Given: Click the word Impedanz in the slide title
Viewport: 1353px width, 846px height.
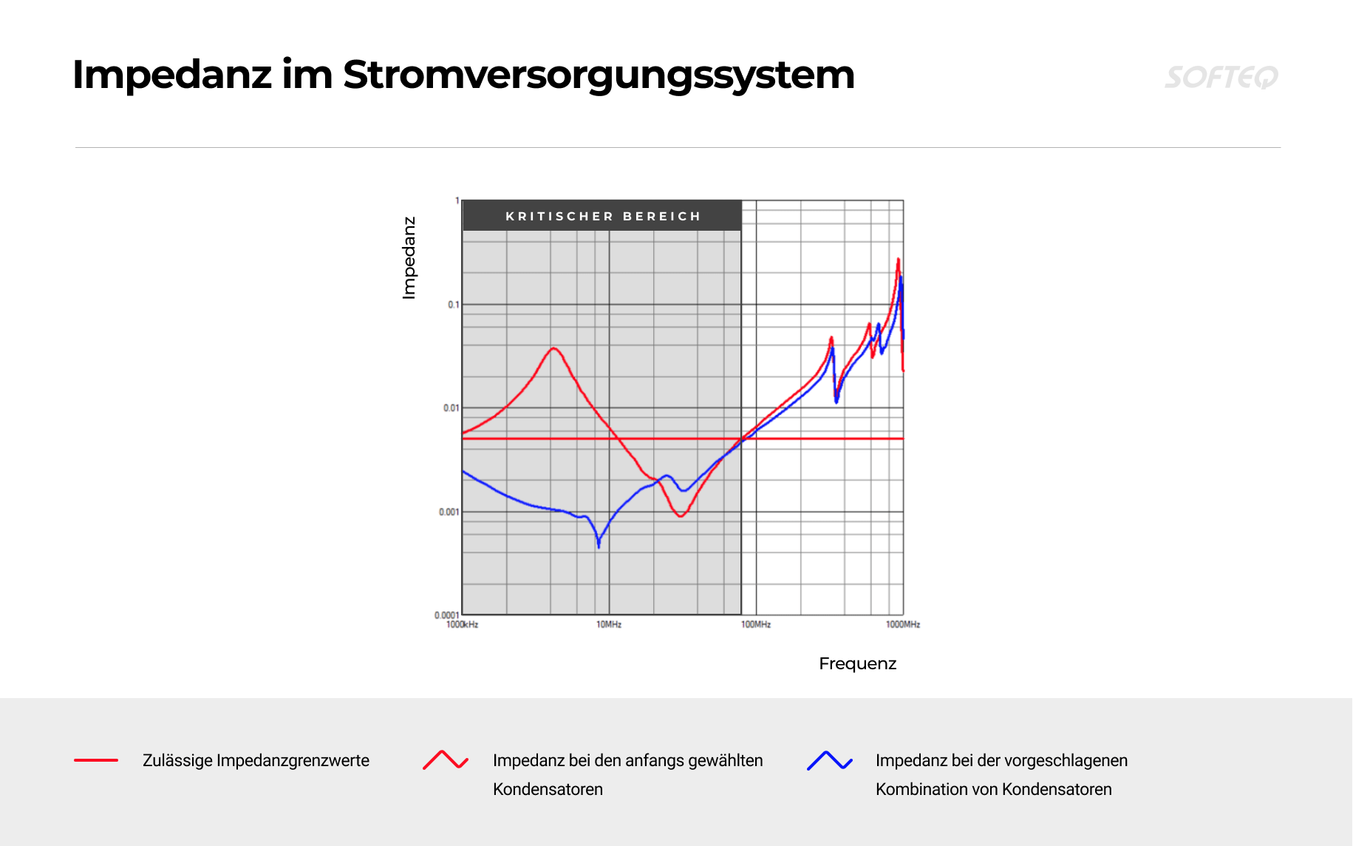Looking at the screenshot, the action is (172, 75).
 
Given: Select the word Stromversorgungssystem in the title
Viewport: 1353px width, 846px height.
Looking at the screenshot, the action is (599, 75).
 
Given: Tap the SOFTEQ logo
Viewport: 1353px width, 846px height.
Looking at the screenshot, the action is (1221, 77).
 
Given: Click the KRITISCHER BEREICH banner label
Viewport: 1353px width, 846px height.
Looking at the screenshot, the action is (603, 216).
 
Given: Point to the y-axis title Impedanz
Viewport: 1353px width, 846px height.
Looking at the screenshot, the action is (409, 258).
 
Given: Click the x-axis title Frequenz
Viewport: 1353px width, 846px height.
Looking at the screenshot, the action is (858, 663).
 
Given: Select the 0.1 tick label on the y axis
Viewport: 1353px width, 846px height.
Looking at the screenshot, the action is (453, 305).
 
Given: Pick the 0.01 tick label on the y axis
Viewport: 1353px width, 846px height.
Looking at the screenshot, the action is (451, 408).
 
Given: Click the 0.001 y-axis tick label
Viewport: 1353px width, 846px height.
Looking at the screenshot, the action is (449, 512).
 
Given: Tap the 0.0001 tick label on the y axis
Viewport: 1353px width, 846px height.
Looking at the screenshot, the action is (446, 615).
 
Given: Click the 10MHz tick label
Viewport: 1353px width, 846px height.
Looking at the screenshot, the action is (609, 625).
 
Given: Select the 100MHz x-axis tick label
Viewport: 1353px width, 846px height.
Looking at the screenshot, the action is (756, 625).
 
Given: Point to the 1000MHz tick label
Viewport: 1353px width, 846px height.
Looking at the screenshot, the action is (903, 625).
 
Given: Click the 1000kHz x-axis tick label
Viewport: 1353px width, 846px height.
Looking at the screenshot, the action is (462, 625).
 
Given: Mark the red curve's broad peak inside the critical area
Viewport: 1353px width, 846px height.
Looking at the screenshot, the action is (553, 348).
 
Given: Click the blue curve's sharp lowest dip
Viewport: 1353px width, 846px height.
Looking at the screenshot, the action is (599, 547).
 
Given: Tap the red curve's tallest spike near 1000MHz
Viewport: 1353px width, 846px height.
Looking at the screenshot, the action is (898, 259).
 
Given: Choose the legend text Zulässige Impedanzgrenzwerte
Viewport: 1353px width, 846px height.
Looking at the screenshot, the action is (256, 760).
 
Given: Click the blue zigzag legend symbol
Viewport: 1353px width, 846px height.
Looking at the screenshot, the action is (830, 760).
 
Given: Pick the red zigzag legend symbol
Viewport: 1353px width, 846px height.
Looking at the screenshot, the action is (446, 760).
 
